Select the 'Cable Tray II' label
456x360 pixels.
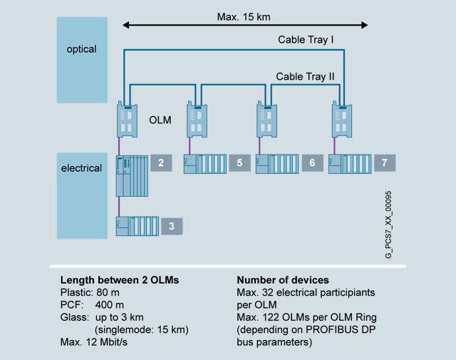(x=305, y=76)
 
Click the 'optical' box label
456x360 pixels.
(x=81, y=49)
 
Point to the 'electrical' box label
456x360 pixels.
(x=81, y=168)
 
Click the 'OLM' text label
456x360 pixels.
(x=161, y=120)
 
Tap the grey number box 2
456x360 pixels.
(x=161, y=163)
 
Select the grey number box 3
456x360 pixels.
(x=170, y=226)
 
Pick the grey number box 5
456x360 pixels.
(x=239, y=163)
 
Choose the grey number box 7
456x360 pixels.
(x=384, y=163)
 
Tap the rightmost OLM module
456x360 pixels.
(x=341, y=118)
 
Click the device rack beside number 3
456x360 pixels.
(x=138, y=226)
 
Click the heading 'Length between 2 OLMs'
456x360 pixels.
(x=119, y=280)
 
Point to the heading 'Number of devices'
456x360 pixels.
(x=281, y=280)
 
